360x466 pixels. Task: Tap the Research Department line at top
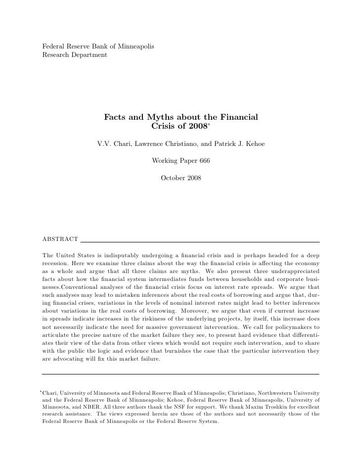(74, 54)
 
